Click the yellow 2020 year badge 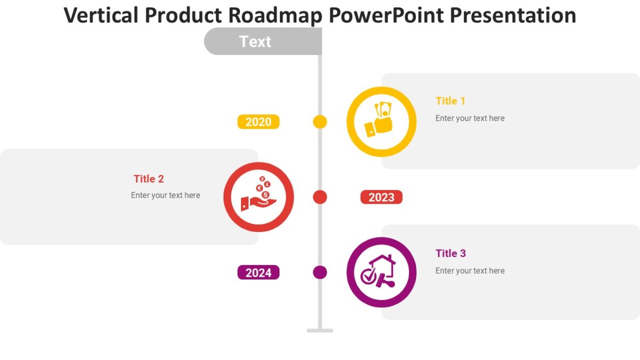tap(258, 122)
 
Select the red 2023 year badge tap(381, 197)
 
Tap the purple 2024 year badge tap(258, 273)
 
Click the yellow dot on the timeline tap(320, 122)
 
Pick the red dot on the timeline tap(320, 197)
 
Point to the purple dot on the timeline tap(320, 273)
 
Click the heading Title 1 tap(450, 101)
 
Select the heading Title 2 tap(149, 179)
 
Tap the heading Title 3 tap(450, 253)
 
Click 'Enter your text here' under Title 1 tap(470, 118)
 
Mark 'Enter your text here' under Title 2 tap(165, 195)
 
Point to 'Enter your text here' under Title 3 tap(470, 271)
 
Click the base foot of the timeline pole tap(320, 331)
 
